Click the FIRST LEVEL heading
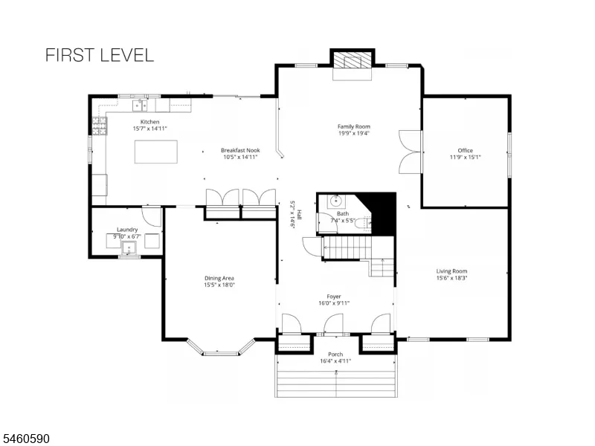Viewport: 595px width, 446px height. coord(100,55)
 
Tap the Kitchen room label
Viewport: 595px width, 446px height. coord(150,122)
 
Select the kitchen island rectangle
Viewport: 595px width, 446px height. coord(156,152)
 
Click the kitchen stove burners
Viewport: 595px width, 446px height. coord(100,126)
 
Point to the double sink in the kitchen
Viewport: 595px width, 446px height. coord(140,105)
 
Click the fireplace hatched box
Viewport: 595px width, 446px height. coord(352,60)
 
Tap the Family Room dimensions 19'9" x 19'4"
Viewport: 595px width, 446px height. coord(354,133)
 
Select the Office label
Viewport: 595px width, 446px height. coord(466,150)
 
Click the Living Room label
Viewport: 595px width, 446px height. coord(451,271)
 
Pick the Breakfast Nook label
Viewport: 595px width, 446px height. coord(240,150)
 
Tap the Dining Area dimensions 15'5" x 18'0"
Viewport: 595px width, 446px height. coord(219,285)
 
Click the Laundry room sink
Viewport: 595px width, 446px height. coord(129,248)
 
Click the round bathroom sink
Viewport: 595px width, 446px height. coord(335,200)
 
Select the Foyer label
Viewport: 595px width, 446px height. coord(334,296)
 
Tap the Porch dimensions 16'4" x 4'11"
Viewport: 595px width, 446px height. coord(335,361)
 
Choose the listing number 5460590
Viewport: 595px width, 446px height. coord(25,439)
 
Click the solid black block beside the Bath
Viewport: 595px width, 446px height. coord(382,213)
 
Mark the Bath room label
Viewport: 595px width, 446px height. coord(343,213)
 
